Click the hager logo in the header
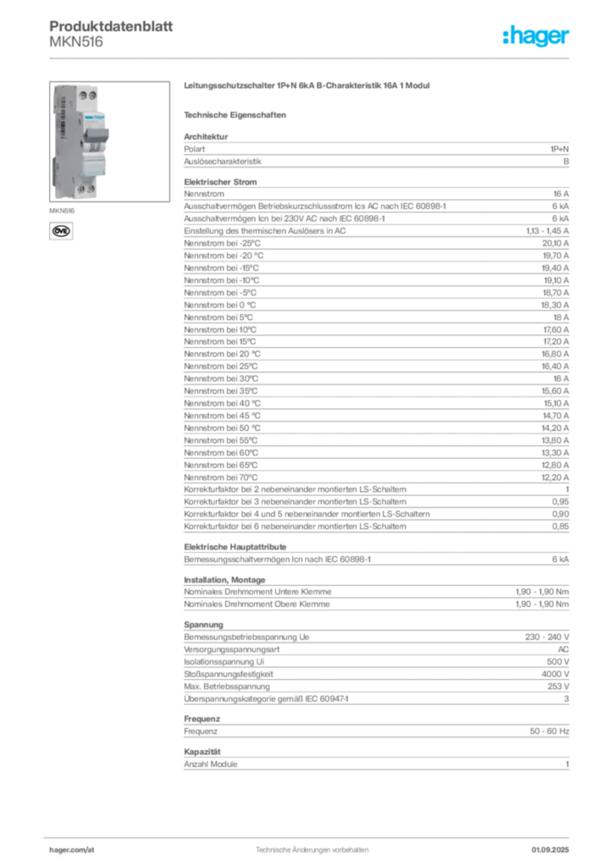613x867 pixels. coord(536,36)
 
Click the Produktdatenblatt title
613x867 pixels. coord(111,26)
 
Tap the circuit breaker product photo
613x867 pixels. coord(109,141)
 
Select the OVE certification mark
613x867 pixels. coord(61,231)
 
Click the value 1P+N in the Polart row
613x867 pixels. coord(560,149)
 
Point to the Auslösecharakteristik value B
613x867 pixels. coord(566,162)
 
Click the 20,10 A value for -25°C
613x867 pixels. coord(555,243)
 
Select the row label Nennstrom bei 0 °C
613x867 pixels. coord(220,305)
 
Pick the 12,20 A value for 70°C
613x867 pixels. coord(555,478)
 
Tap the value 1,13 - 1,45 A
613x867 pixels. coord(547,231)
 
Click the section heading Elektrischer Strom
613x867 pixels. coord(220,182)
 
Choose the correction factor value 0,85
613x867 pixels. coord(561,527)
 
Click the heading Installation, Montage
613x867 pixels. coord(224,580)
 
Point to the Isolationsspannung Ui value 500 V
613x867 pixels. coord(558,662)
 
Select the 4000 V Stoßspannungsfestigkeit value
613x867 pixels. coord(555,674)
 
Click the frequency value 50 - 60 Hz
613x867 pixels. coord(549,732)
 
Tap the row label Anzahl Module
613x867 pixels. coord(211,765)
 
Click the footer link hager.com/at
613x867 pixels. coord(72,850)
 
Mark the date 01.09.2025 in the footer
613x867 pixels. coord(550,850)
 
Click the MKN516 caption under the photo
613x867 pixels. coord(62,211)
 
